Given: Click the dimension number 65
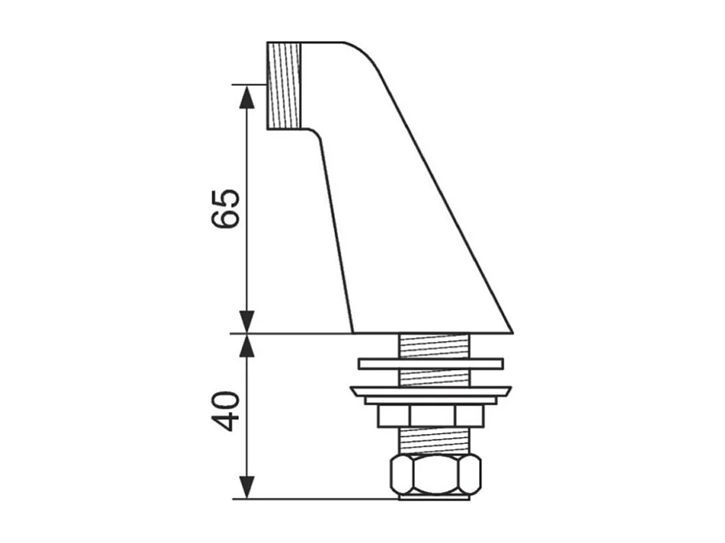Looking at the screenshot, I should point(226,209).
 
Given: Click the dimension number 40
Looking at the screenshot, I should point(226,412).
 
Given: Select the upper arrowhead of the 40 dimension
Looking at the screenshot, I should point(248,345).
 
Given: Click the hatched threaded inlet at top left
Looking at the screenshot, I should point(284,86).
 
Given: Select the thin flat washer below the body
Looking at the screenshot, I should point(430,364).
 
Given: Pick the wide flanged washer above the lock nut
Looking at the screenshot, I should point(430,392).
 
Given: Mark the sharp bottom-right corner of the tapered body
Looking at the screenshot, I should point(510,330).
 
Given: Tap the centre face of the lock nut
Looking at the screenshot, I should point(433,416).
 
